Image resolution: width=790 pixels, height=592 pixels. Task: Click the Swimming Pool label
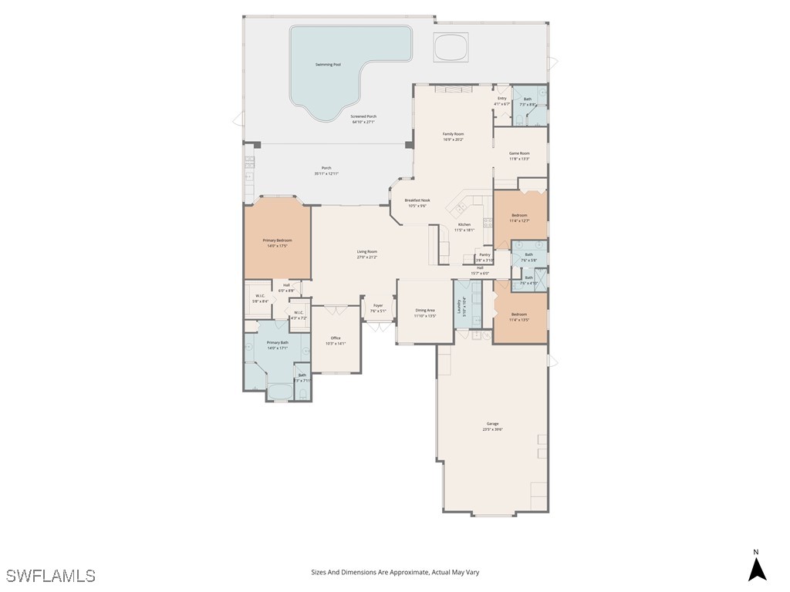328,65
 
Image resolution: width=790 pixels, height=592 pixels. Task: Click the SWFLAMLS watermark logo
51,576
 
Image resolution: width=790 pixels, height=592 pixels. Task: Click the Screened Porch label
363,119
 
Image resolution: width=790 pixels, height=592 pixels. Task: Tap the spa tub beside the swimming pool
451,48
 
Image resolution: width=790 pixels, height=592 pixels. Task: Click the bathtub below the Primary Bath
279,392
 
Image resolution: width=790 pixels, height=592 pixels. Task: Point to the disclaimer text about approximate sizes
395,572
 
